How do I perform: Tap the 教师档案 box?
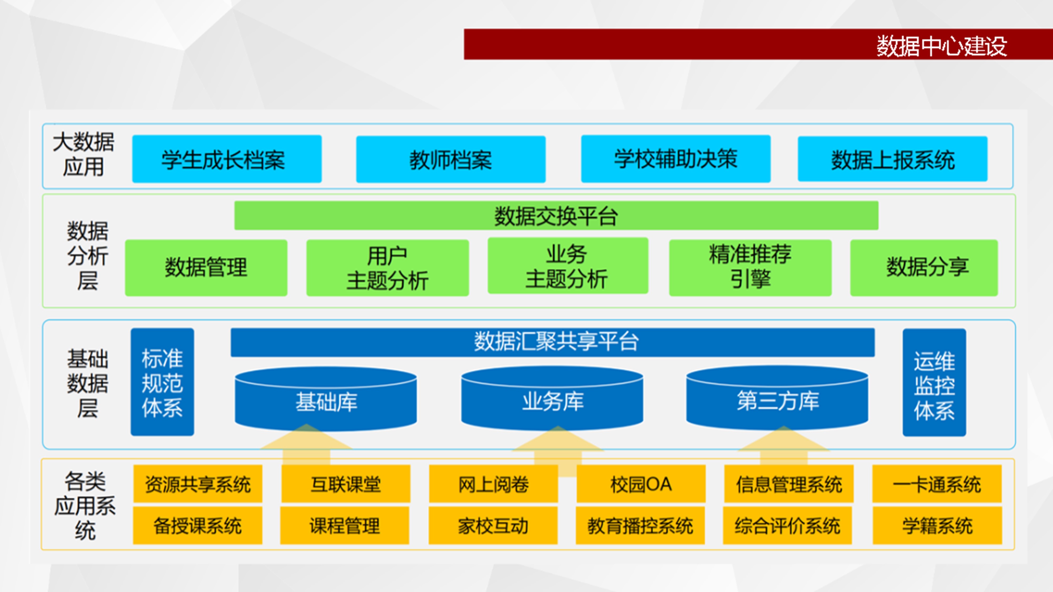coord(451,159)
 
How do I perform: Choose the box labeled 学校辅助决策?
coord(676,158)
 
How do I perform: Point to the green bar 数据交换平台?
coord(556,215)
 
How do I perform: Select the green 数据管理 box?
coord(206,268)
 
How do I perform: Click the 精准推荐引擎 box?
coord(750,268)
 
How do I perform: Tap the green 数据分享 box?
coord(924,268)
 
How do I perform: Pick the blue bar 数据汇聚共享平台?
coord(553,342)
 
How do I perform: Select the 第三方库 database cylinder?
coord(777,398)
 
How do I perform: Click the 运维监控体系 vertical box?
coord(935,382)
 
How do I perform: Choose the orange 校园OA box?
coord(641,484)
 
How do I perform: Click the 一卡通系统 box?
coord(937,484)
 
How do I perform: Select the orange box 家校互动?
coord(493,525)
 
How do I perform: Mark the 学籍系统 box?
coord(937,525)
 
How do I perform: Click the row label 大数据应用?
coord(84,154)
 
